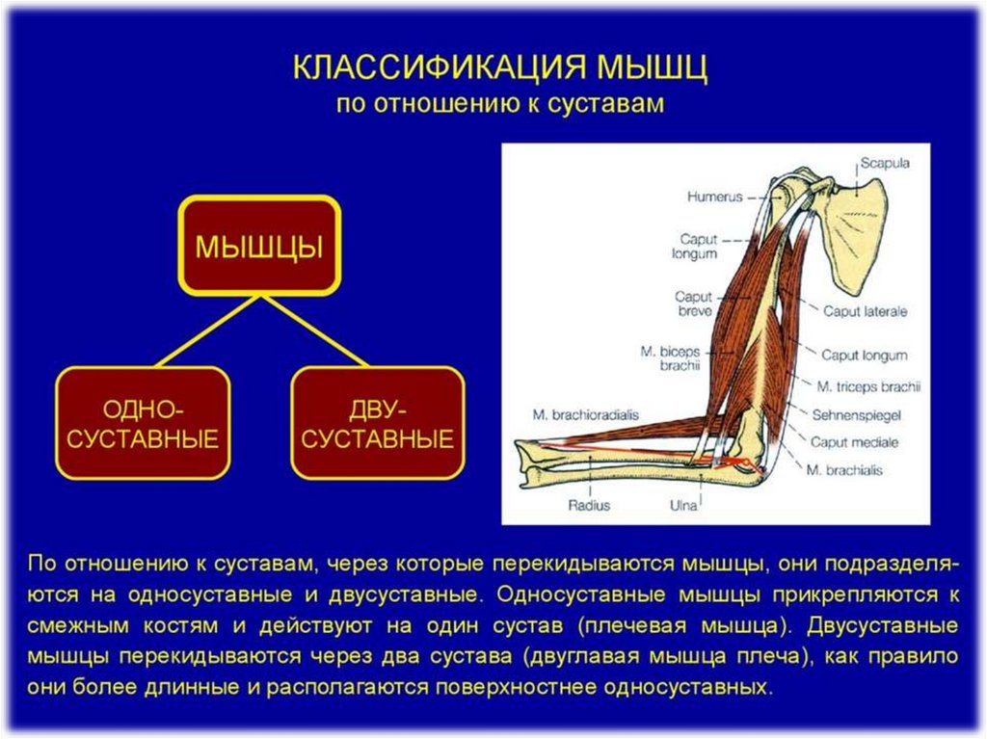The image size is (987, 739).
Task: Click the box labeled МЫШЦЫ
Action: point(259,246)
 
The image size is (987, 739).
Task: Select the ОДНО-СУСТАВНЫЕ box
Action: point(143,423)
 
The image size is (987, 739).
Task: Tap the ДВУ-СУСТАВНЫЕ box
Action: point(377,423)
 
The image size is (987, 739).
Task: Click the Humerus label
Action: point(714,197)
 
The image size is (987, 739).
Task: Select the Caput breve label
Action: point(693,304)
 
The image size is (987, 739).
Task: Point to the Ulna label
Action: point(683,503)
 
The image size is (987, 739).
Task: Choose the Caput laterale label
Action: point(865,311)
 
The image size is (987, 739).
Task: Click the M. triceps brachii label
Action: point(868,386)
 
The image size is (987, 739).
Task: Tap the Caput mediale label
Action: point(854,442)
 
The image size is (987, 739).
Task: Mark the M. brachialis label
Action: point(845,471)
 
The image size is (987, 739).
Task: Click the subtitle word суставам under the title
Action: point(608,104)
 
